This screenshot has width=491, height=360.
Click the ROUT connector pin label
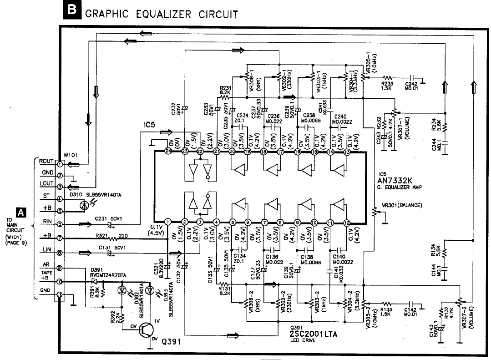pyautogui.click(x=46, y=162)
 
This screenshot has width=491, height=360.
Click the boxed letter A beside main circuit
pyautogui.click(x=20, y=212)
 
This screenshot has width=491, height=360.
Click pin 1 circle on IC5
pyautogui.click(x=168, y=223)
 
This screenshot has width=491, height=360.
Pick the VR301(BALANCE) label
pyautogui.click(x=402, y=205)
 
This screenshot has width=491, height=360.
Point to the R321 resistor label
pyautogui.click(x=102, y=235)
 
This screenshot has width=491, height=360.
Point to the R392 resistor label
pyautogui.click(x=113, y=317)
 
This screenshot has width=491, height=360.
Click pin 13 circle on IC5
pyautogui.click(x=347, y=152)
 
